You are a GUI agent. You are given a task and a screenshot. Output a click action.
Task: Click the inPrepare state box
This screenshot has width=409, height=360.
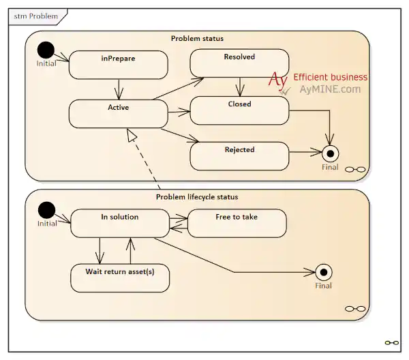click(x=118, y=65)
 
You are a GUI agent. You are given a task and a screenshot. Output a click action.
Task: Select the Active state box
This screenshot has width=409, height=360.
click(x=118, y=114)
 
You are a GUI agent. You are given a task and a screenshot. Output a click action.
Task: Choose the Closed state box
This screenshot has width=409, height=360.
click(x=239, y=110)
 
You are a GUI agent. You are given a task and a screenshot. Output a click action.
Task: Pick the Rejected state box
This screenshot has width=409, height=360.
click(x=239, y=155)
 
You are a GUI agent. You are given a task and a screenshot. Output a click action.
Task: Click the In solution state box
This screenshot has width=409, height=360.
click(x=120, y=224)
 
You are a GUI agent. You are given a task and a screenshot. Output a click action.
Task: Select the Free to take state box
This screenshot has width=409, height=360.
click(x=237, y=224)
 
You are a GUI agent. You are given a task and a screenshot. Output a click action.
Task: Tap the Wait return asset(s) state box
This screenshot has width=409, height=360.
click(x=120, y=278)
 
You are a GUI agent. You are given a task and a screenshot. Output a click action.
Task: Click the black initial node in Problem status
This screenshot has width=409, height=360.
click(x=46, y=50)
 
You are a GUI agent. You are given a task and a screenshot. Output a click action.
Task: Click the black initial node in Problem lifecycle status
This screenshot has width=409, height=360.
click(x=46, y=209)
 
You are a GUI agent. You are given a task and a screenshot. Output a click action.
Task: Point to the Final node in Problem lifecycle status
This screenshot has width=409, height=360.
click(x=324, y=271)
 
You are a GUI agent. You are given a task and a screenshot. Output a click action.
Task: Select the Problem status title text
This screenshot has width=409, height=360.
click(x=197, y=38)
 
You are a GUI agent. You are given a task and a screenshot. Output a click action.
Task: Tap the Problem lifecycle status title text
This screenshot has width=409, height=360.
click(x=197, y=197)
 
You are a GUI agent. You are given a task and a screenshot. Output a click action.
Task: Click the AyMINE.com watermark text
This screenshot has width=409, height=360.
click(x=330, y=89)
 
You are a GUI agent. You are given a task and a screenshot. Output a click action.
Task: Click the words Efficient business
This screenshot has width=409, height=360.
click(x=330, y=77)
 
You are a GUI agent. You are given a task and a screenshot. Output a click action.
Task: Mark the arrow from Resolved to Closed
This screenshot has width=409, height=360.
click(x=239, y=87)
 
